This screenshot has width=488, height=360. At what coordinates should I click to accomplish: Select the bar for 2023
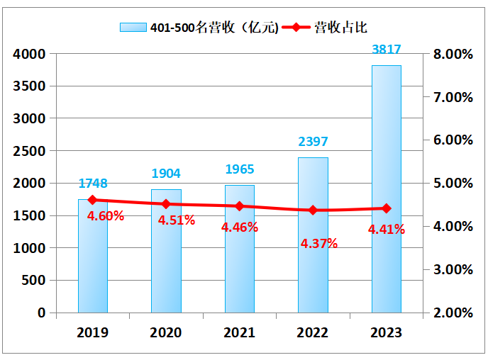pos(386,189)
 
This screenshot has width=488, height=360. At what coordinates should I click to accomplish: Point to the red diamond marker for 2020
pos(166,204)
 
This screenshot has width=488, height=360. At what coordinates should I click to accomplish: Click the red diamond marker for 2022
pos(313,210)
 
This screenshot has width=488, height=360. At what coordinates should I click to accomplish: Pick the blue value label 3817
pos(387,50)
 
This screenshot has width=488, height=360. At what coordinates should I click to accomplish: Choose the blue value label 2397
pos(313,142)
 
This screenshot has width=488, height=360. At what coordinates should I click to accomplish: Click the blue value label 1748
pos(93,184)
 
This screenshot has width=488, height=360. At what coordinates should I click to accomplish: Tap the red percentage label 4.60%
pos(106,215)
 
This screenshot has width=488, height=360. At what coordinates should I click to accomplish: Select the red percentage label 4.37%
pos(318,243)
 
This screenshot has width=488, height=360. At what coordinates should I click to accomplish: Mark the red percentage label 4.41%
pos(387,229)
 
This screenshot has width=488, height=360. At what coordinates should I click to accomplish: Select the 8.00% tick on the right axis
pos(452,54)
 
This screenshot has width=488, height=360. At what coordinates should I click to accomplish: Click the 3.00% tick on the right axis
pos(452,269)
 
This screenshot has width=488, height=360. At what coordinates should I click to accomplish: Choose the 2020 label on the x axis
pos(166,332)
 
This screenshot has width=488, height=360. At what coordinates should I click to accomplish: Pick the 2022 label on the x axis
pos(313,332)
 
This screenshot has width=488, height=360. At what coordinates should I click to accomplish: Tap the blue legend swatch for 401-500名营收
pos(133,28)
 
